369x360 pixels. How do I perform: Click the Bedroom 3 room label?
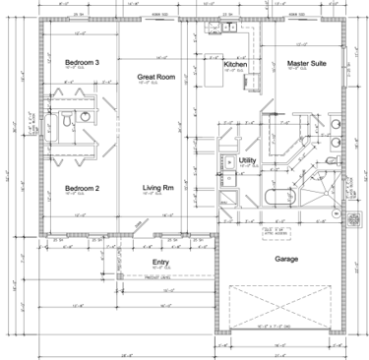click(x=83, y=63)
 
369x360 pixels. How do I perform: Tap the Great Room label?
click(x=155, y=76)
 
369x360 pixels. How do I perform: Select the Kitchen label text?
click(x=235, y=64)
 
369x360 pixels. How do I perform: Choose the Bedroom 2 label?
click(x=83, y=188)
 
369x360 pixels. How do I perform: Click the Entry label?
click(x=160, y=263)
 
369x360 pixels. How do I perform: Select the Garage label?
click(x=286, y=259)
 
